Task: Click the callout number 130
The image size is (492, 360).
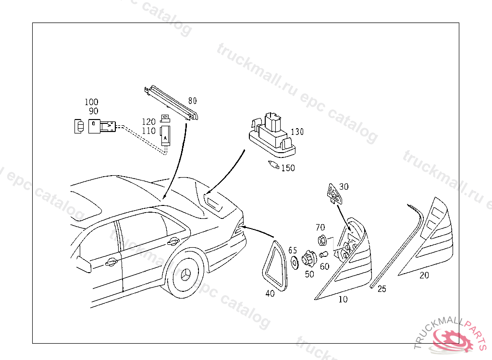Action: (x=297, y=132)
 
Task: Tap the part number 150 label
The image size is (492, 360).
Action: (x=288, y=168)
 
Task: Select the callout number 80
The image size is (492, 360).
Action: (x=192, y=101)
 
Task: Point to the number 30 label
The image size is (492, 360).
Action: (x=344, y=187)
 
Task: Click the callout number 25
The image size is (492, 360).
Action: (x=381, y=288)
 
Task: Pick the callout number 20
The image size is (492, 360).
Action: (x=424, y=275)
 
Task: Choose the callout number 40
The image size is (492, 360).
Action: (x=270, y=293)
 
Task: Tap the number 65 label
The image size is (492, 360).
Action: (x=293, y=250)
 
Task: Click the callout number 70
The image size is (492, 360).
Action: (x=320, y=227)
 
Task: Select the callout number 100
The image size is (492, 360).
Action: (x=91, y=102)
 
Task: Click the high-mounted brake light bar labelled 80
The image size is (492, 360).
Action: (x=171, y=103)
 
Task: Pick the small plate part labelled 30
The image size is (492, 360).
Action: (x=334, y=194)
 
